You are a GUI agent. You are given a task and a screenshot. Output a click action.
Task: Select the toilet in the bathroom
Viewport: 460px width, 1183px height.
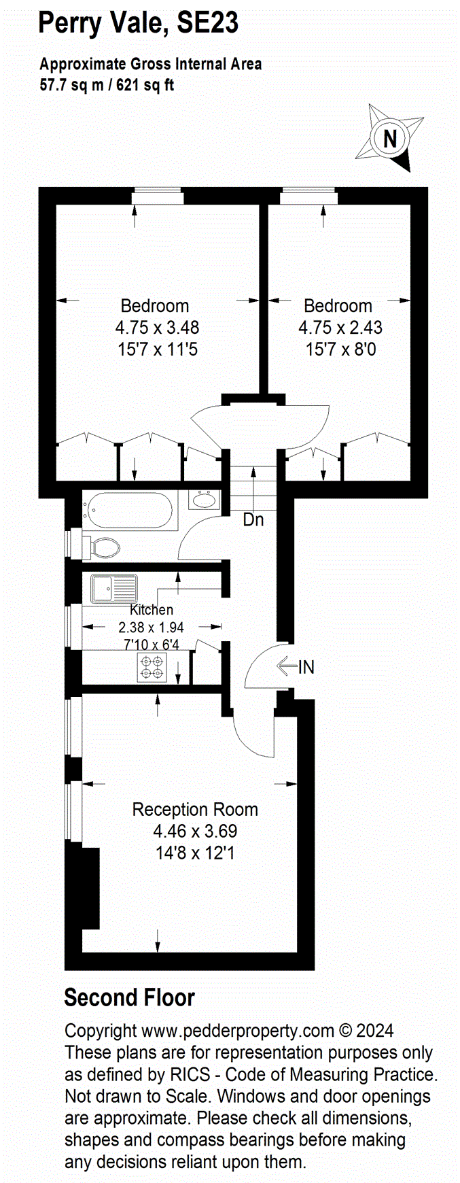tap(102, 546)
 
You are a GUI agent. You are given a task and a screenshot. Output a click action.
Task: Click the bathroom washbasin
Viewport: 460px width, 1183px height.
tap(202, 500)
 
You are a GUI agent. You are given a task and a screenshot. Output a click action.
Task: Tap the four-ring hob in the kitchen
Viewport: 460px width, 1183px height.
tap(152, 666)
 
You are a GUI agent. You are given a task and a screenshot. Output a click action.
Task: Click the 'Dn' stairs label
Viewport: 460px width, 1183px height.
tap(253, 520)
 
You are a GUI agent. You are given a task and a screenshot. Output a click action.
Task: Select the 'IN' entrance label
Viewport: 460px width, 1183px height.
tap(306, 667)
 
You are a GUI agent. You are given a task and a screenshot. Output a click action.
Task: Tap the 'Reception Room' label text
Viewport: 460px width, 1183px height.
tap(195, 809)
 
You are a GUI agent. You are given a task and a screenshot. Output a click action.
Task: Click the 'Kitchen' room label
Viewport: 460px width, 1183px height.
tap(152, 610)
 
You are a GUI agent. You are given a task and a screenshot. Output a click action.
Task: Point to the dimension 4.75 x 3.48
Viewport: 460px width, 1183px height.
tap(157, 328)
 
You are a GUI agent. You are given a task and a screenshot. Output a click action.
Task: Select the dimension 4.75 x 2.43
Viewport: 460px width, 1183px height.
tap(340, 328)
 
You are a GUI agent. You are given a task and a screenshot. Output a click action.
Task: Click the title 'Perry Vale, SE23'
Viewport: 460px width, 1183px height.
tap(139, 23)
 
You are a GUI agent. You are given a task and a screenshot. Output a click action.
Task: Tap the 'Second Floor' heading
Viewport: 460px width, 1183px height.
tap(129, 997)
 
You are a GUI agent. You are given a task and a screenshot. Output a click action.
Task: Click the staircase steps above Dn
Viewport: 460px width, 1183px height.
tap(253, 487)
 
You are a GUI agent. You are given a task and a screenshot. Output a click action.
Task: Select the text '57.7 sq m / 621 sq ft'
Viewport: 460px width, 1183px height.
tap(107, 86)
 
